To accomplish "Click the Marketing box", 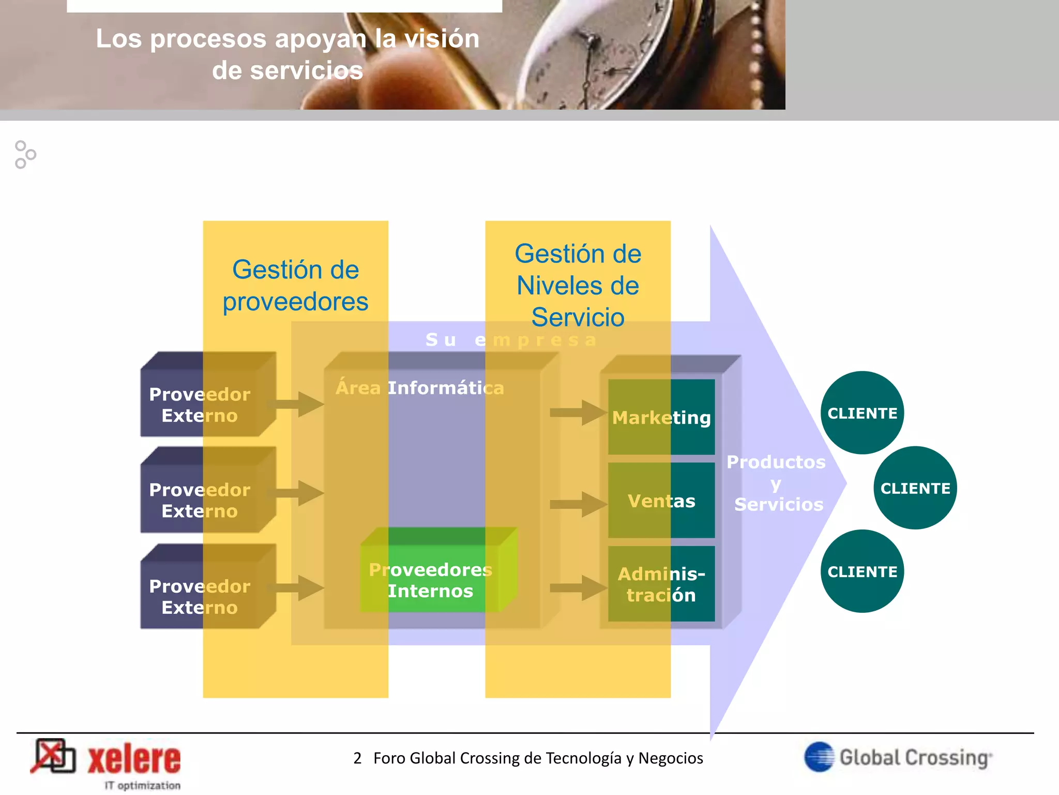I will (x=661, y=417).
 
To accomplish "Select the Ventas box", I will (x=661, y=500).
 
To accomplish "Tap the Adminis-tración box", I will (x=661, y=584).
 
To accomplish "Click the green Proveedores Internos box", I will (x=431, y=580).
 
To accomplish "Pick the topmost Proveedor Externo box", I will (x=200, y=404).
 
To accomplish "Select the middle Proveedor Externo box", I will (x=200, y=499).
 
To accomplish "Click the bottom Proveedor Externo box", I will (x=200, y=596).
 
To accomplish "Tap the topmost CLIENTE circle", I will (x=862, y=413).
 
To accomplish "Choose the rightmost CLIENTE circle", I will (x=915, y=488).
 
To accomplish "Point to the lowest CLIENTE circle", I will (x=862, y=571).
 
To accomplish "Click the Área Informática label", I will (x=420, y=388).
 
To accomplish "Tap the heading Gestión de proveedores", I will (x=295, y=285).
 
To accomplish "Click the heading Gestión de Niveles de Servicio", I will (x=578, y=285).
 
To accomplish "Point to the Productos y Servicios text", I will (x=777, y=483).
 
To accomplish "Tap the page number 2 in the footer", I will (x=357, y=758).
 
